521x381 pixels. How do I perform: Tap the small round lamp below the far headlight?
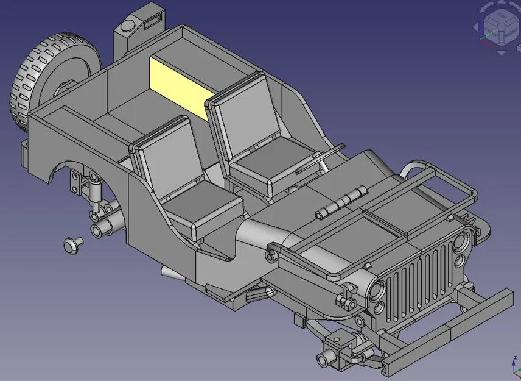pos(460,261)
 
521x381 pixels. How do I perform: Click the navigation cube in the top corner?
pos(500,27)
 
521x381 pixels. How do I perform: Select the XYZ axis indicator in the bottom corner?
pos(512,366)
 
